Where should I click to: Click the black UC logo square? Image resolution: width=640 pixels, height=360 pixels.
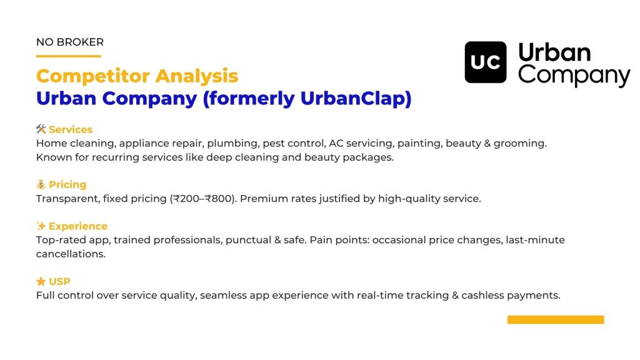[x=485, y=62]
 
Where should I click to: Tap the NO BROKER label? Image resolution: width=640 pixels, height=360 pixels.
[x=70, y=42]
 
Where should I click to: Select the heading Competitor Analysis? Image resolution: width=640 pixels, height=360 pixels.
[x=137, y=76]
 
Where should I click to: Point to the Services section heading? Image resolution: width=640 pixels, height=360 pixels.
[x=71, y=129]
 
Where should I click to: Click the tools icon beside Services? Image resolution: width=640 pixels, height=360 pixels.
[x=41, y=129]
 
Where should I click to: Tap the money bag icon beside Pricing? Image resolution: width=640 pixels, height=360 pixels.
[x=41, y=184]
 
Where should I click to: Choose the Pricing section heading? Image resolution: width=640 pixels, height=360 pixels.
[x=67, y=184]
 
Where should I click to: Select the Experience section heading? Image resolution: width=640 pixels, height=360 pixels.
[x=78, y=226]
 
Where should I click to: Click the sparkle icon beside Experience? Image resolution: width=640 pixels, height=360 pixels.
[x=41, y=226]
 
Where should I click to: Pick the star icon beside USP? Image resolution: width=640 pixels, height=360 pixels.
[x=41, y=281]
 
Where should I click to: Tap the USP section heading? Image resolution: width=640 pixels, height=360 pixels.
[x=59, y=282]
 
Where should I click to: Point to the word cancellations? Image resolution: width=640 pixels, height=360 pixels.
[x=71, y=254]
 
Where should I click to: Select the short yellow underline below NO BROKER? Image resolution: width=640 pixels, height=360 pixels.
[x=69, y=56]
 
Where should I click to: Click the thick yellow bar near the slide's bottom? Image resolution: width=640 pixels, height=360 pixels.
[x=556, y=319]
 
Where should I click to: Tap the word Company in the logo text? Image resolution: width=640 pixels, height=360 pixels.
[x=574, y=76]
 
